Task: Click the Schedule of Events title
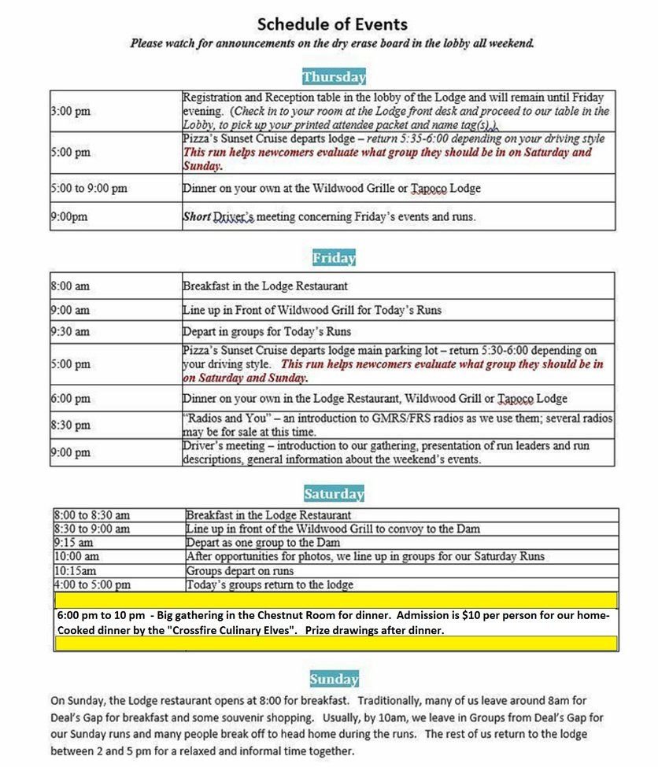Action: click(332, 24)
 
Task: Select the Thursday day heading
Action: click(334, 77)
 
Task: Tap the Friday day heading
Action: click(334, 258)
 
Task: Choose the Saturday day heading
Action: click(334, 494)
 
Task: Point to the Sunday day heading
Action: click(334, 679)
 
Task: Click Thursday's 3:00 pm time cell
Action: click(71, 111)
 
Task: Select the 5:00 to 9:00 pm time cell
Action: click(89, 188)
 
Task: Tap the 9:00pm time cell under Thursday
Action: click(69, 216)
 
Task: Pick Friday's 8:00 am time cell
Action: click(70, 286)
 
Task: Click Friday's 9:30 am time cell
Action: click(70, 331)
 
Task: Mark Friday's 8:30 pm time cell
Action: click(71, 425)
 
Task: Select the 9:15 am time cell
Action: click(74, 543)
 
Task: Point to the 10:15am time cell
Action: click(76, 570)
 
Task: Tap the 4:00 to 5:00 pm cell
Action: click(92, 584)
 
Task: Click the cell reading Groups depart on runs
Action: click(240, 570)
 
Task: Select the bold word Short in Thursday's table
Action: click(197, 216)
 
